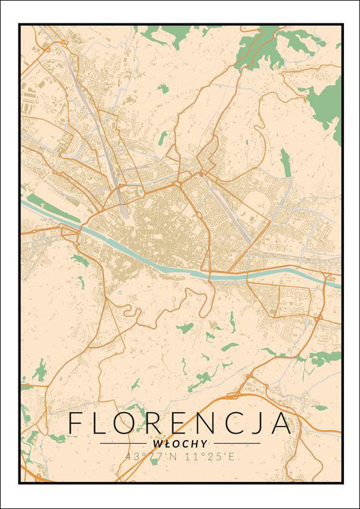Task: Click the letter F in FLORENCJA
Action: click(77, 423)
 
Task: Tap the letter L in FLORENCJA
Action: click(102, 423)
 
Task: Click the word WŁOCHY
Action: click(180, 444)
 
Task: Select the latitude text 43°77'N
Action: click(148, 456)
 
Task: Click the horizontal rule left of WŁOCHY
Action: click(123, 444)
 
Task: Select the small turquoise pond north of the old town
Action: click(141, 192)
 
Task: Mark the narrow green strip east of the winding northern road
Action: click(286, 162)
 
